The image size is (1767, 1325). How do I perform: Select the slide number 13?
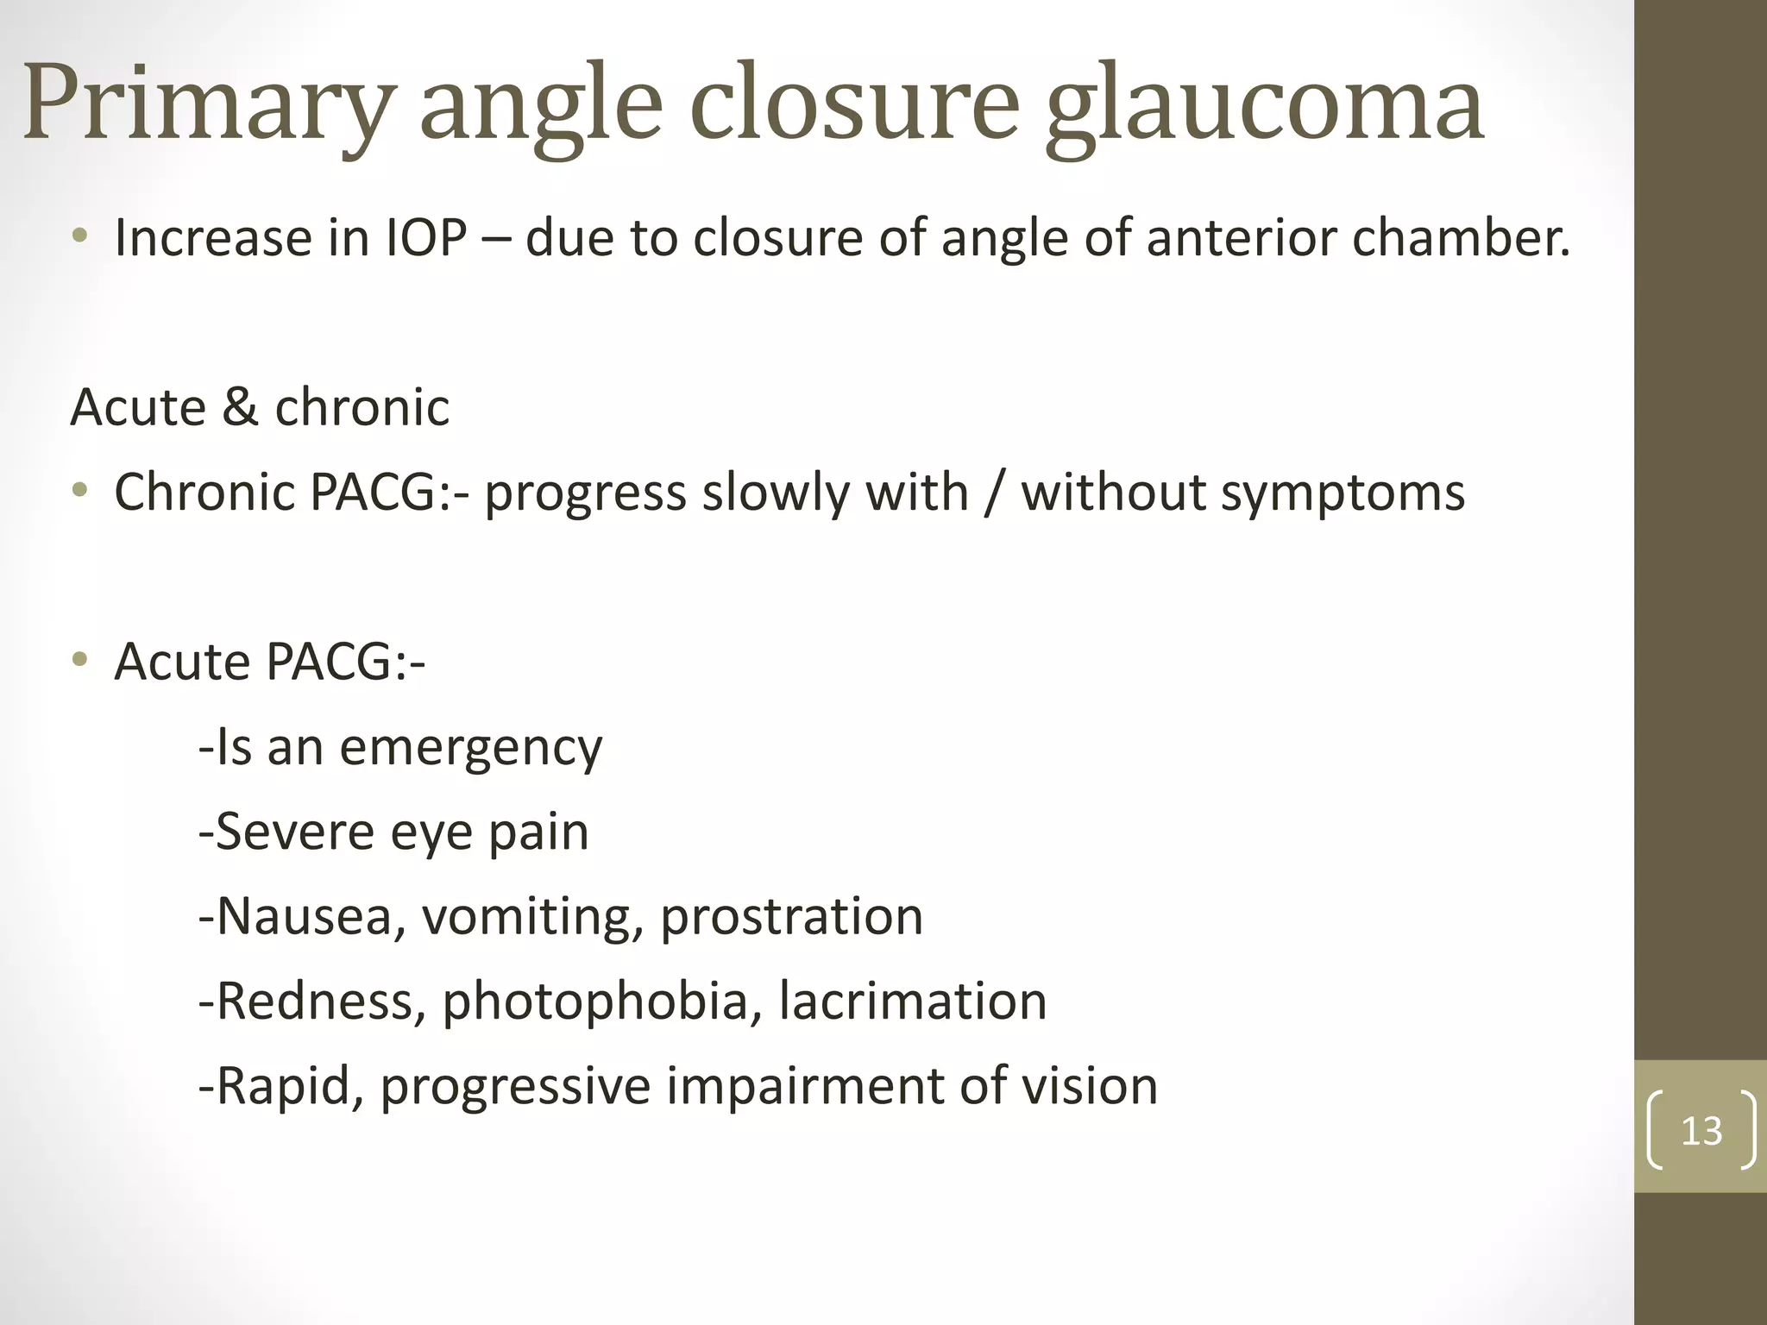pyautogui.click(x=1701, y=1131)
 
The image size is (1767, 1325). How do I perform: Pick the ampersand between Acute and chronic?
pyautogui.click(x=240, y=406)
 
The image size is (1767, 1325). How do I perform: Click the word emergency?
pyautogui.click(x=470, y=748)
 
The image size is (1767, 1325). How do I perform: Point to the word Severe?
pyautogui.click(x=294, y=832)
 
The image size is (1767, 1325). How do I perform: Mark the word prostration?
pyautogui.click(x=791, y=916)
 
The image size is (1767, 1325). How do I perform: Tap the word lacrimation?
pyautogui.click(x=912, y=1001)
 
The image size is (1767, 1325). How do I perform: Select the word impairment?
pyautogui.click(x=803, y=1086)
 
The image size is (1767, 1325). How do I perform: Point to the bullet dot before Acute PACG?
pyautogui.click(x=80, y=661)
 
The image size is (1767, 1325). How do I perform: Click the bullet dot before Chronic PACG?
pyautogui.click(x=80, y=491)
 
